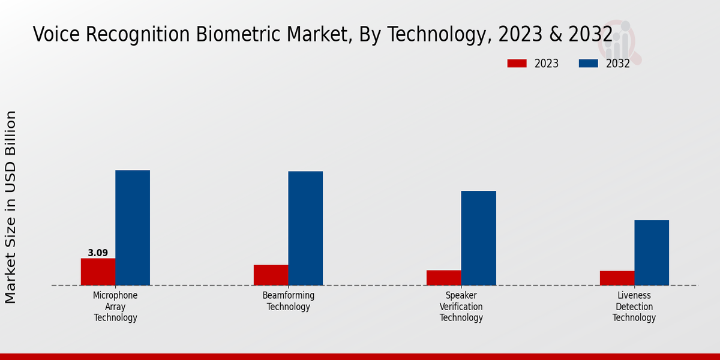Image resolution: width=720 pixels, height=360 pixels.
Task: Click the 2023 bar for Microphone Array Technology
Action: click(98, 272)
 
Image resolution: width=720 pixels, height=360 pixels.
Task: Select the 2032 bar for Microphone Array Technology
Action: click(133, 228)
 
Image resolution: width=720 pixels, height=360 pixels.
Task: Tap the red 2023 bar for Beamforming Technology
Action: click(271, 275)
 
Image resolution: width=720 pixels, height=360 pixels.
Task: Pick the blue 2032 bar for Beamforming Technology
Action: click(305, 229)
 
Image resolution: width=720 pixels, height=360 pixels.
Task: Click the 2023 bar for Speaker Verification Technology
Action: click(444, 278)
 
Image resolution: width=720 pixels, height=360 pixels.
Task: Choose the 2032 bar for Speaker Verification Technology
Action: click(479, 238)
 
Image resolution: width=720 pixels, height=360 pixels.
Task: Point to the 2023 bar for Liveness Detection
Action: click(617, 278)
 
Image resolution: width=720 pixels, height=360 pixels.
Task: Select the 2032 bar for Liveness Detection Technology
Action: click(652, 253)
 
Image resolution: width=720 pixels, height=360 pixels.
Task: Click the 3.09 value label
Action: click(98, 253)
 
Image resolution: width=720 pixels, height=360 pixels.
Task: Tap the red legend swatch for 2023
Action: click(517, 64)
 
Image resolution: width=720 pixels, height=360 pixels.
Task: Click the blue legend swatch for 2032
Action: click(588, 64)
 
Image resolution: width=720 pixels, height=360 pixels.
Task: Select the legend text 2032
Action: click(617, 64)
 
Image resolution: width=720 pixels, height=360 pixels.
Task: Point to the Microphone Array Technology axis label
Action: click(115, 307)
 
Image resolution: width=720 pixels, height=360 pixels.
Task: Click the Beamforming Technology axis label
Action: click(288, 301)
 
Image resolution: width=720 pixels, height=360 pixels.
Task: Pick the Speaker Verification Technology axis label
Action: click(461, 307)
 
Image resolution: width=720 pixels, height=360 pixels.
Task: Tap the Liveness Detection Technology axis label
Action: click(634, 307)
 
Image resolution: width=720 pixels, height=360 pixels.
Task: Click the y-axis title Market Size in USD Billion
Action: click(11, 207)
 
